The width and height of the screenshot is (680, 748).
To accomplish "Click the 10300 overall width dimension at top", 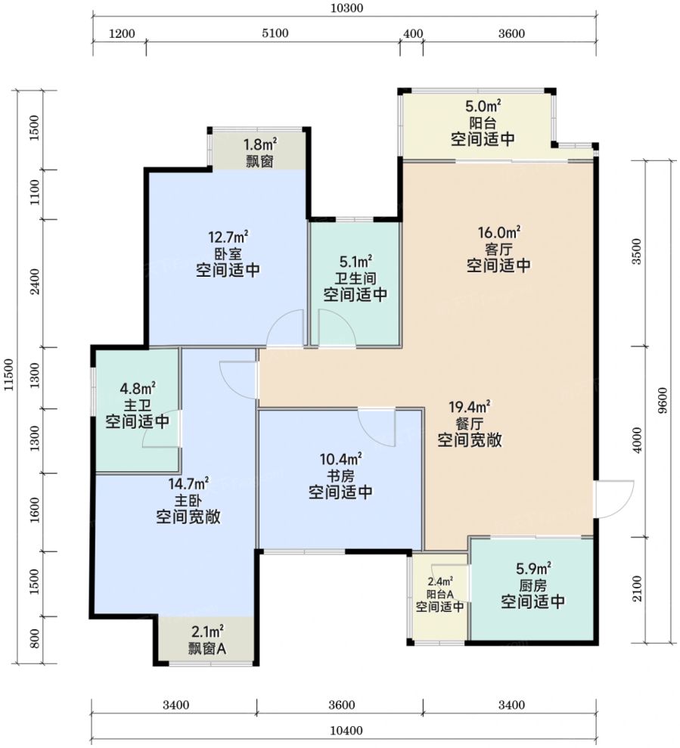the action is [346, 8].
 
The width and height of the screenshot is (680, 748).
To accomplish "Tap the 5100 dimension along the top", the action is [275, 33].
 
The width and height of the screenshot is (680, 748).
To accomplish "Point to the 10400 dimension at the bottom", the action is [346, 731].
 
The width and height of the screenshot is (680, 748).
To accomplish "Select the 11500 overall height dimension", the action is [8, 375].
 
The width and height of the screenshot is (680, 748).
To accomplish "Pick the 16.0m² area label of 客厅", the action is [499, 233].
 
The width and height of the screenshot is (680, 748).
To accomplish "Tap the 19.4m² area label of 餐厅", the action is [470, 407].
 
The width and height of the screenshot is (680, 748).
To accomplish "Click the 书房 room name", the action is [340, 476].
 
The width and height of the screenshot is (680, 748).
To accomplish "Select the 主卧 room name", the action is [188, 501].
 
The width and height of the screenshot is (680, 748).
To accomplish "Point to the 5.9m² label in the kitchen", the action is [533, 568].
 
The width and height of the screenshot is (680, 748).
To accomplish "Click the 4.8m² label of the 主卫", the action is [138, 388].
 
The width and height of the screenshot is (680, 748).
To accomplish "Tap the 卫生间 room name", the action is [356, 278].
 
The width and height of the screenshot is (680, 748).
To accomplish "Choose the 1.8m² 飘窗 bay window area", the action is [259, 151].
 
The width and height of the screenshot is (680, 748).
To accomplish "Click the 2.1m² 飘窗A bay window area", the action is [207, 640].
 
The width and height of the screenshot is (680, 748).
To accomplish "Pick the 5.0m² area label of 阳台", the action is [483, 105].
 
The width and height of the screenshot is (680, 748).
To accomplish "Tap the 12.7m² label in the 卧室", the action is [228, 237].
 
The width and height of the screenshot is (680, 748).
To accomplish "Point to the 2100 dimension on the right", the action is [637, 588].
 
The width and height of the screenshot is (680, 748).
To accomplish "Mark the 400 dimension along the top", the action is [413, 33].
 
